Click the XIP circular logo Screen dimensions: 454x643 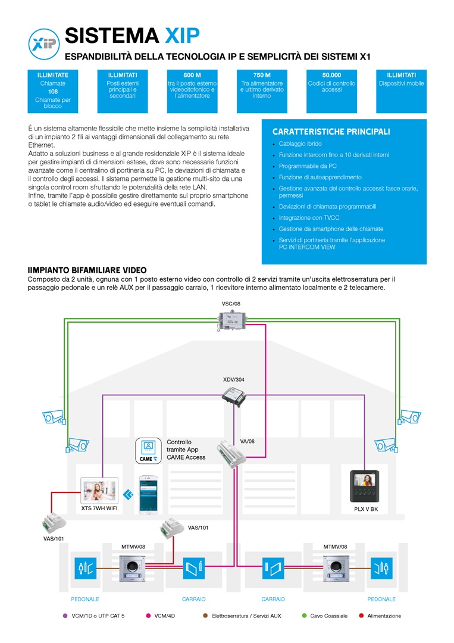click(x=44, y=44)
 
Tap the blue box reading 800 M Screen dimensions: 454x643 click(x=192, y=91)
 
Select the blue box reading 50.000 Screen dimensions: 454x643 click(x=331, y=91)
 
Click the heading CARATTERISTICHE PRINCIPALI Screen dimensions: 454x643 click(x=331, y=132)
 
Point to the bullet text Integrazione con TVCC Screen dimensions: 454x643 click(x=309, y=218)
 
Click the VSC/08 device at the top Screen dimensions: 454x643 click(x=231, y=320)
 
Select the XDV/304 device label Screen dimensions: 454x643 click(x=234, y=379)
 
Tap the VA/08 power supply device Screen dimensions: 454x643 click(x=231, y=454)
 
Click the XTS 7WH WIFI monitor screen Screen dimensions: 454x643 click(x=99, y=491)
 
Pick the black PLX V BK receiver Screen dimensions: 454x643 click(x=364, y=486)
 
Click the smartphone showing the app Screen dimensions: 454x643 click(x=148, y=495)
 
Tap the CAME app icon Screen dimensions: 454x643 click(x=148, y=451)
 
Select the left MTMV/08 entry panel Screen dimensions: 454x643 click(x=132, y=569)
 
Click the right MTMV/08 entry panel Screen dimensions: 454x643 click(x=336, y=569)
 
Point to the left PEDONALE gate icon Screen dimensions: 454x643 click(x=86, y=569)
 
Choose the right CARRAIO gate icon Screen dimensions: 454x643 click(x=273, y=569)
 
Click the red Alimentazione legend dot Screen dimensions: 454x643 click(x=361, y=616)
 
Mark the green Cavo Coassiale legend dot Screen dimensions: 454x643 click(x=304, y=616)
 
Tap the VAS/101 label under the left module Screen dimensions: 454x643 click(x=54, y=538)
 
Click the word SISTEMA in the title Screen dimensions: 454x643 click(x=112, y=36)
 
